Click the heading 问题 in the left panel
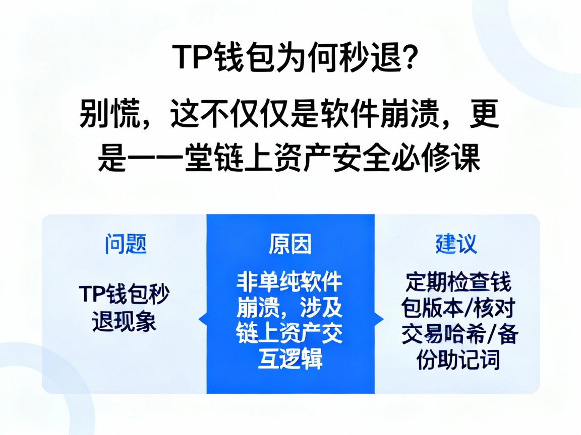coord(126,245)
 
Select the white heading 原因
coord(290,245)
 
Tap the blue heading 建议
coord(456,245)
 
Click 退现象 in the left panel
coord(125,322)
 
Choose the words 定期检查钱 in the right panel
coord(457,282)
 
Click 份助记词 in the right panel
coord(457,359)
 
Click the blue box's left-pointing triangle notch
coord(203,319)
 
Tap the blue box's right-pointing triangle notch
coord(379,319)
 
